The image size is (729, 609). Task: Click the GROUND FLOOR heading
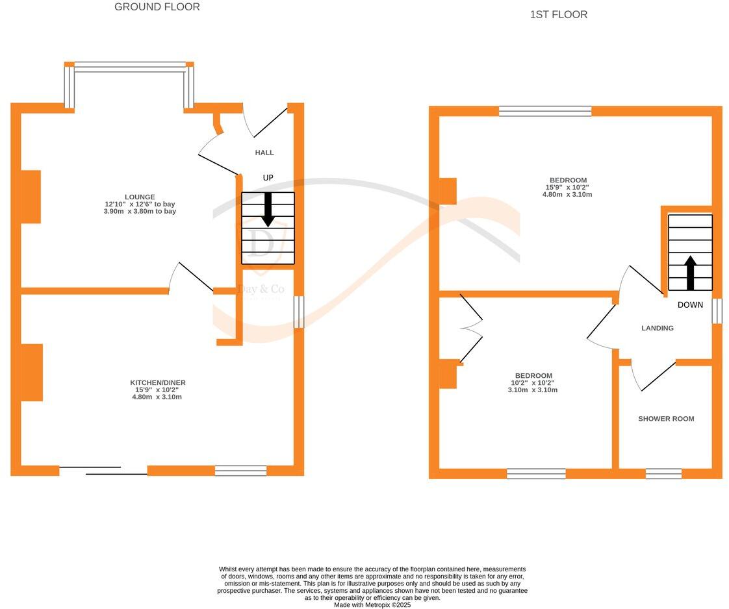157,7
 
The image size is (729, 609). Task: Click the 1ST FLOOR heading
559,14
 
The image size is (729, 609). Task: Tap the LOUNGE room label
140,197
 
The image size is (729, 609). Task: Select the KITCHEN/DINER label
158,382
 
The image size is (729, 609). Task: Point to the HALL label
264,153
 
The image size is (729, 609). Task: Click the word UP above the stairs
268,178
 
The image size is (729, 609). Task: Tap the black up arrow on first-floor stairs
691,273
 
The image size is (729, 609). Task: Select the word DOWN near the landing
690,304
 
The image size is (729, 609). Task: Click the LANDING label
658,328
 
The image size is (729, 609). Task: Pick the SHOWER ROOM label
666,419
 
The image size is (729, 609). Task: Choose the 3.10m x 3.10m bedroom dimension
533,390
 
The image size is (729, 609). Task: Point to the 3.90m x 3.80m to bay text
141,211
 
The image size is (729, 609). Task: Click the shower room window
663,473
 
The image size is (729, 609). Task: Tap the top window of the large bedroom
545,111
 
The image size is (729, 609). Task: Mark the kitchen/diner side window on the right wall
299,312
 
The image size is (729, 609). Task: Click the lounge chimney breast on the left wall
31,197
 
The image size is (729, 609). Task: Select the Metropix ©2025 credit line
372,604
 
